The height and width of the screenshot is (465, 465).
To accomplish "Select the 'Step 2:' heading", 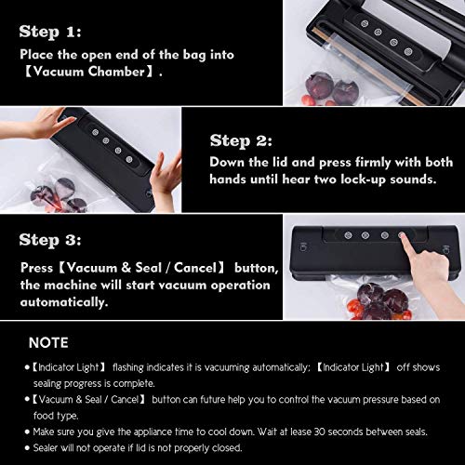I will point(241,141).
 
